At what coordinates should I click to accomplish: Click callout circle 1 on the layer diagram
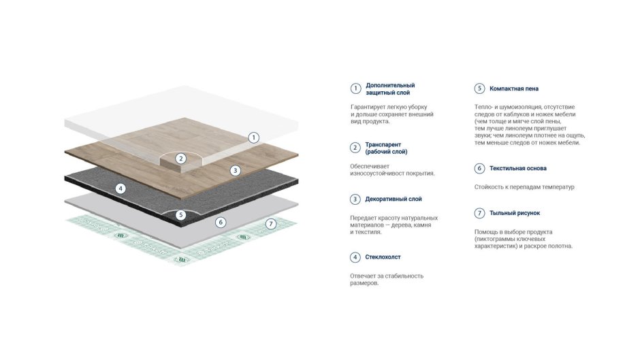click(253, 137)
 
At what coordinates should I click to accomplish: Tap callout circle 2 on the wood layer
click(181, 159)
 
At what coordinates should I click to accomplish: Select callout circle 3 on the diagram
click(235, 171)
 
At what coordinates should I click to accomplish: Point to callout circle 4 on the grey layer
click(120, 189)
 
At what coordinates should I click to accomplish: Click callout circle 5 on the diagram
click(181, 215)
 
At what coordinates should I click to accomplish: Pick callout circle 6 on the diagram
click(221, 223)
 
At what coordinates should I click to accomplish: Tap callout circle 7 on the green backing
click(270, 224)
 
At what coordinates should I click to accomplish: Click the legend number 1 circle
click(355, 88)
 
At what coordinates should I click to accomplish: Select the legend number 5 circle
click(479, 88)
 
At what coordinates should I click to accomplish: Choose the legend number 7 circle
click(479, 213)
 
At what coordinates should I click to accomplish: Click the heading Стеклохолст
click(383, 257)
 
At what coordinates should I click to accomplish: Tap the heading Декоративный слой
click(394, 199)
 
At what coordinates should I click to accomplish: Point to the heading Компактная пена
click(514, 88)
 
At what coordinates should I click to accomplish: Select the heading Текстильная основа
click(518, 168)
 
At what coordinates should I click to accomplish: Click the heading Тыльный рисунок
click(515, 213)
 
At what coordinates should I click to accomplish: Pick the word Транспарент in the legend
click(383, 144)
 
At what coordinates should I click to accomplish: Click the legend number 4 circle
click(355, 257)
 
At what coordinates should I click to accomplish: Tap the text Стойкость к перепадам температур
click(524, 187)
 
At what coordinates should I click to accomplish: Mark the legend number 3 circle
click(355, 199)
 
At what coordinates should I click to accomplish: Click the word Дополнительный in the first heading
click(390, 85)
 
